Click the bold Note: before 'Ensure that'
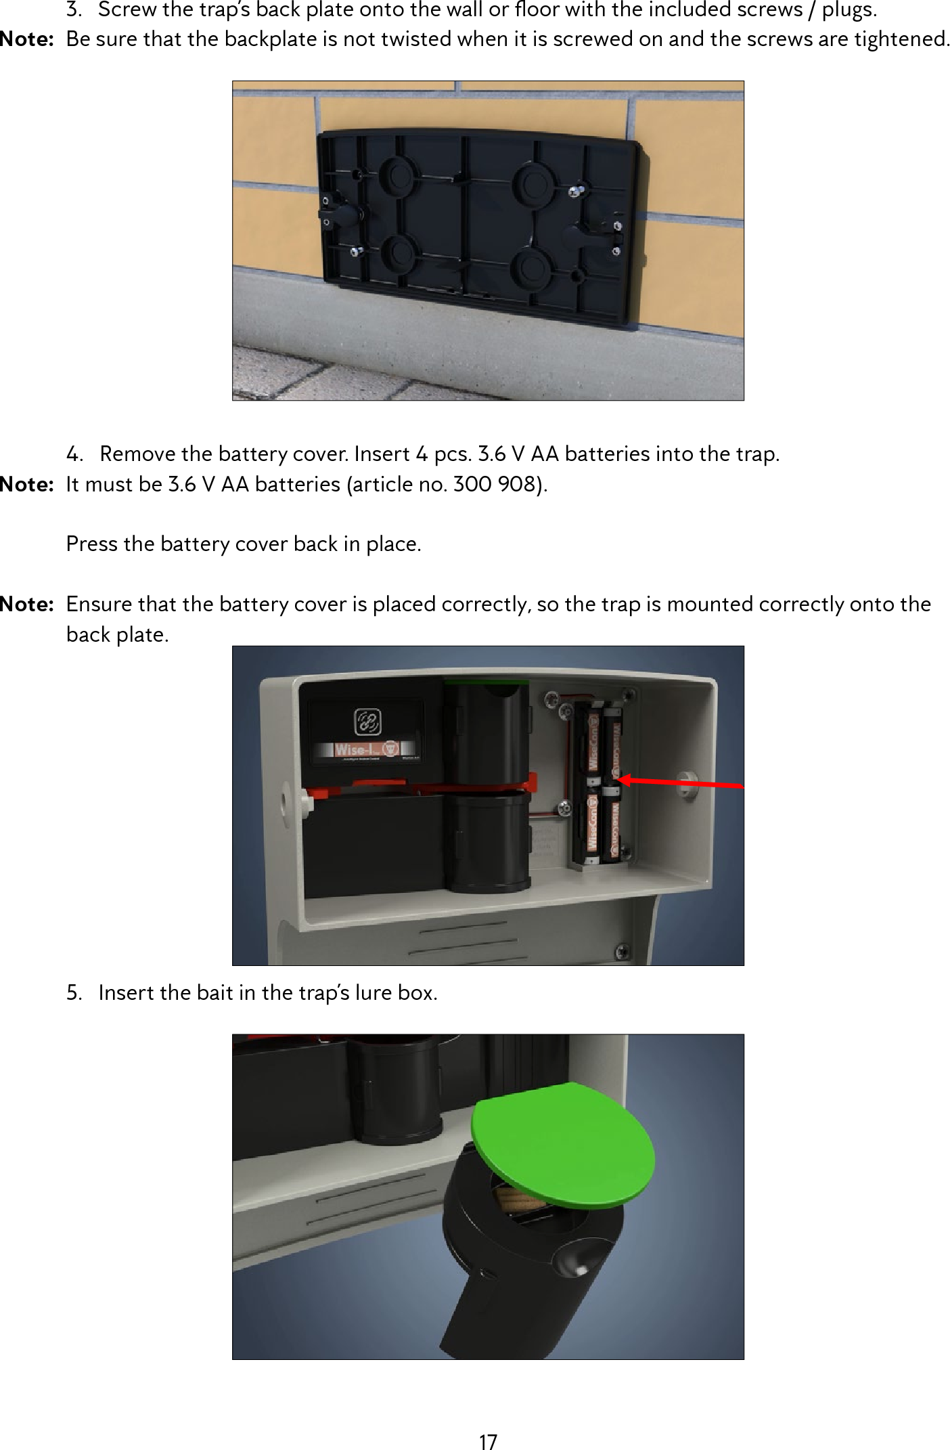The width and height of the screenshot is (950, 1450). tap(27, 604)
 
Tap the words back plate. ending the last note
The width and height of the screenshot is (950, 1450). tap(117, 635)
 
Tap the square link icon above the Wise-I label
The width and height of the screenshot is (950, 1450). tap(368, 722)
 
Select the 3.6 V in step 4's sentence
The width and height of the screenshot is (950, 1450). tap(501, 454)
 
